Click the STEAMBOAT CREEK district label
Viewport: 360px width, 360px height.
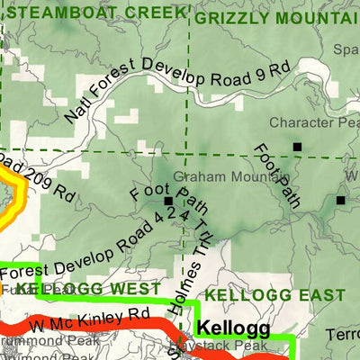tap(94, 12)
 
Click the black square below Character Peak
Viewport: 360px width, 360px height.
tap(296, 146)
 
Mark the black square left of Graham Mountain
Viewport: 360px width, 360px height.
tap(167, 201)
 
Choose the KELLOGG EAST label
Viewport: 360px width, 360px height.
tap(274, 295)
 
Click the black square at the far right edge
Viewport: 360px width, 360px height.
tap(341, 200)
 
